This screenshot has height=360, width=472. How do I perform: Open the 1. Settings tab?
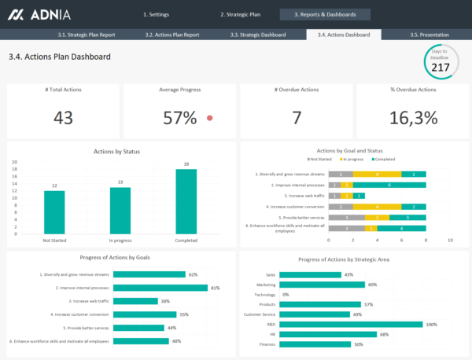157,14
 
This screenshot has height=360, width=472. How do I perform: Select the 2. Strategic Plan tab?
239,14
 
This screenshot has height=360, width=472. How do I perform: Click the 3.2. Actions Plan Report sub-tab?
171,35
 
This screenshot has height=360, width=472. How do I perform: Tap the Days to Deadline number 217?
441,68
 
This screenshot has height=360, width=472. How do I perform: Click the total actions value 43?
63,118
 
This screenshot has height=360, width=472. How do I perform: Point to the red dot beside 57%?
209,118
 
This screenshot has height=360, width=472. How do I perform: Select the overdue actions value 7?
297,118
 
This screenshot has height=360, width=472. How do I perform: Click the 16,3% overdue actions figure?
413,118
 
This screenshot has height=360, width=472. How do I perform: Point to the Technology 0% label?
286,295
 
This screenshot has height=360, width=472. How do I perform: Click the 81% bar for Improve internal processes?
160,288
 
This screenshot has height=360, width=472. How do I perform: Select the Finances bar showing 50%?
314,343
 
